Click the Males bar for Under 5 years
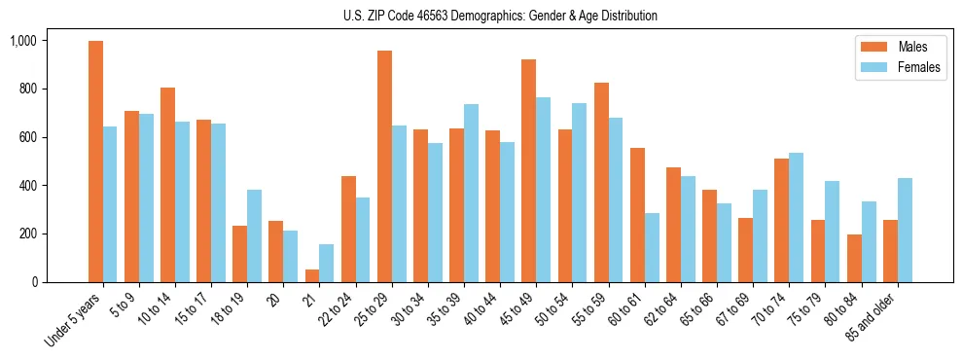pyautogui.click(x=95, y=162)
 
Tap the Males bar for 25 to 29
pyautogui.click(x=384, y=166)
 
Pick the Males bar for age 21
pyautogui.click(x=312, y=275)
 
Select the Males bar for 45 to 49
pyautogui.click(x=528, y=170)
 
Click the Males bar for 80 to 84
pyautogui.click(x=854, y=258)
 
